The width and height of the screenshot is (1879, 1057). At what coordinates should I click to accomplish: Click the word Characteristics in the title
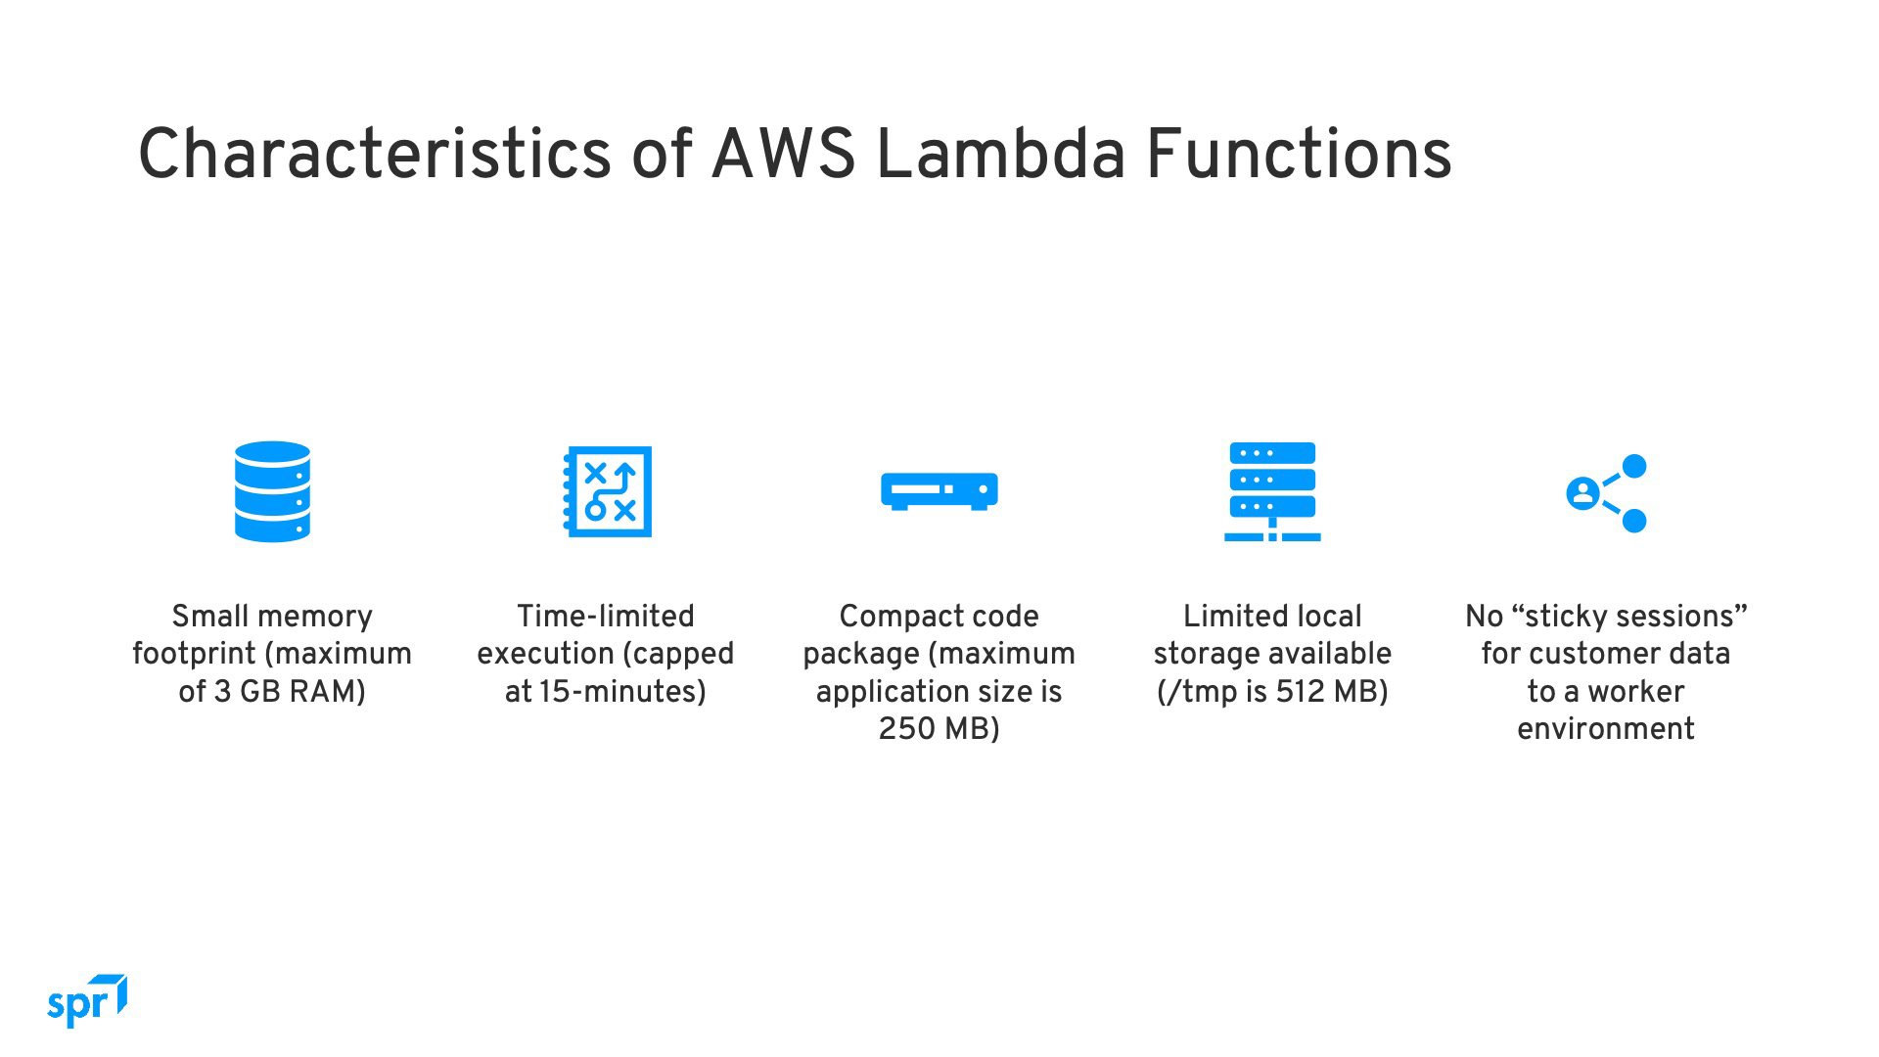(375, 154)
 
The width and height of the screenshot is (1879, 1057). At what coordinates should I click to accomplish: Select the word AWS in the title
(783, 154)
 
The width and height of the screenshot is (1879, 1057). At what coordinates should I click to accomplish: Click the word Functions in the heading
(1299, 154)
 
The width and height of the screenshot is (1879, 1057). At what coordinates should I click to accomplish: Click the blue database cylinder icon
(272, 491)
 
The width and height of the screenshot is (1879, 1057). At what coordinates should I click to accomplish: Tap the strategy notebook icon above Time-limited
(607, 491)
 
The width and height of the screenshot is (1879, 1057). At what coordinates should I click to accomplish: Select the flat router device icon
(939, 491)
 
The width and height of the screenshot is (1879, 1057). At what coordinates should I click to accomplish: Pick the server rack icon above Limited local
(1272, 491)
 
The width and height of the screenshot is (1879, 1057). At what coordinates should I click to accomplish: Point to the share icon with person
(1607, 493)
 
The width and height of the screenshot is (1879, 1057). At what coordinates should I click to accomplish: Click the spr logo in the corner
(87, 1001)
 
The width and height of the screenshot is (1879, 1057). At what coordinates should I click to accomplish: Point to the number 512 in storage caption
(1301, 692)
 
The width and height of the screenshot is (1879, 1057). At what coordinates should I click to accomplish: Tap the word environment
(1606, 729)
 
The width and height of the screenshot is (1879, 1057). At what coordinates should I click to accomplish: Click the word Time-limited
(606, 617)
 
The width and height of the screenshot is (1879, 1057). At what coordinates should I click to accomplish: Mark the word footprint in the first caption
(194, 654)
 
